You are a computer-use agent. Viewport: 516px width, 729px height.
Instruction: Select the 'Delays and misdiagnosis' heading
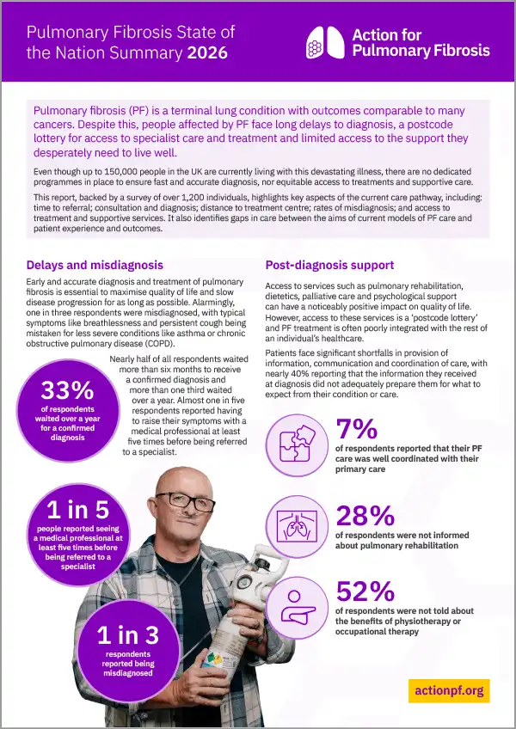coord(95,265)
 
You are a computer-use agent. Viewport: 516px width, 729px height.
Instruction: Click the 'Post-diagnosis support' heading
coord(329,265)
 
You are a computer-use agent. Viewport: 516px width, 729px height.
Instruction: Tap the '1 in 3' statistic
coord(127,635)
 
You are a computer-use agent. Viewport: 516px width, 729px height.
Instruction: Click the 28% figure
coord(365,515)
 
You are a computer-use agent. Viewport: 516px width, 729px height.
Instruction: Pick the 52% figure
coord(365,591)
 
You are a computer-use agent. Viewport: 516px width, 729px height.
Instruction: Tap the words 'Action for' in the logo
coord(388,34)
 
